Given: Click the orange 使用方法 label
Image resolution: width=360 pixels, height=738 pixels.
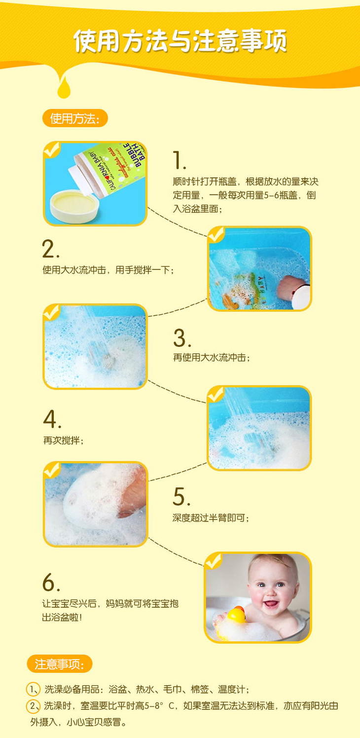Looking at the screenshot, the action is point(75,118).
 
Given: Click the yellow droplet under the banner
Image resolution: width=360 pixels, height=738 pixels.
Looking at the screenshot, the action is point(64,87).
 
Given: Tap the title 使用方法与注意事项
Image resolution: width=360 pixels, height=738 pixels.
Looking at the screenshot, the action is point(180,41).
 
